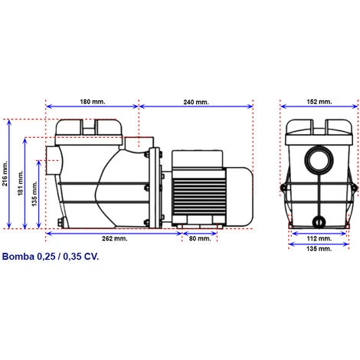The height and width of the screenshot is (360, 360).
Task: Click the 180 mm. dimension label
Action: tap(93, 102)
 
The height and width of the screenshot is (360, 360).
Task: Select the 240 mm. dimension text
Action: tap(196, 102)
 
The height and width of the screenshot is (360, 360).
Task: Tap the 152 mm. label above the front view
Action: tap(319, 102)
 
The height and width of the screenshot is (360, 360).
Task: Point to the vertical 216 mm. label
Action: tap(5, 174)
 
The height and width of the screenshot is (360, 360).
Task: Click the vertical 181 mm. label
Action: tap(21, 183)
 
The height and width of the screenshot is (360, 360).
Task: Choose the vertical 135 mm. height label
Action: tap(34, 194)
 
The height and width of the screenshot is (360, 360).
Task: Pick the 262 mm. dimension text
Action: tap(114, 238)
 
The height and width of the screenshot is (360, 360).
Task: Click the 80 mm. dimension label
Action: tap(200, 238)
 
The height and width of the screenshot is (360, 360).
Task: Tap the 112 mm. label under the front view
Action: tap(319, 238)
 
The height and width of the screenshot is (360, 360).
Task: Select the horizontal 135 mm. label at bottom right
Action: tap(319, 249)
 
